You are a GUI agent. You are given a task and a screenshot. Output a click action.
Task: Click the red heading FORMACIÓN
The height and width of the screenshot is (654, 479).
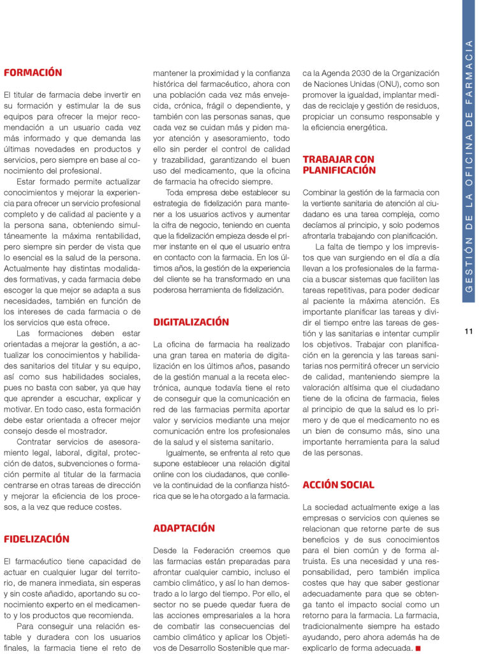click(33, 73)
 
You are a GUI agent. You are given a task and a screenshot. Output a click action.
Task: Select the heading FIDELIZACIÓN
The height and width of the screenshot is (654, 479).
click(36, 539)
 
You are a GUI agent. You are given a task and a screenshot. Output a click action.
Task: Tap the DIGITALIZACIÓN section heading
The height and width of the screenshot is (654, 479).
click(191, 323)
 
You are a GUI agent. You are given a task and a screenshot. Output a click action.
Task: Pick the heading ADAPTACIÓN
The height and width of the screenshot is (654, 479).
click(184, 529)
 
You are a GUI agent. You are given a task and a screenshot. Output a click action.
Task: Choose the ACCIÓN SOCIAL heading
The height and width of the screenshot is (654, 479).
click(338, 485)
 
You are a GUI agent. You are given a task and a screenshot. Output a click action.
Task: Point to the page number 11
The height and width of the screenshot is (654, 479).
click(468, 331)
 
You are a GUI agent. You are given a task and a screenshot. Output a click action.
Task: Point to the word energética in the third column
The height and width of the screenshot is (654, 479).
click(365, 128)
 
